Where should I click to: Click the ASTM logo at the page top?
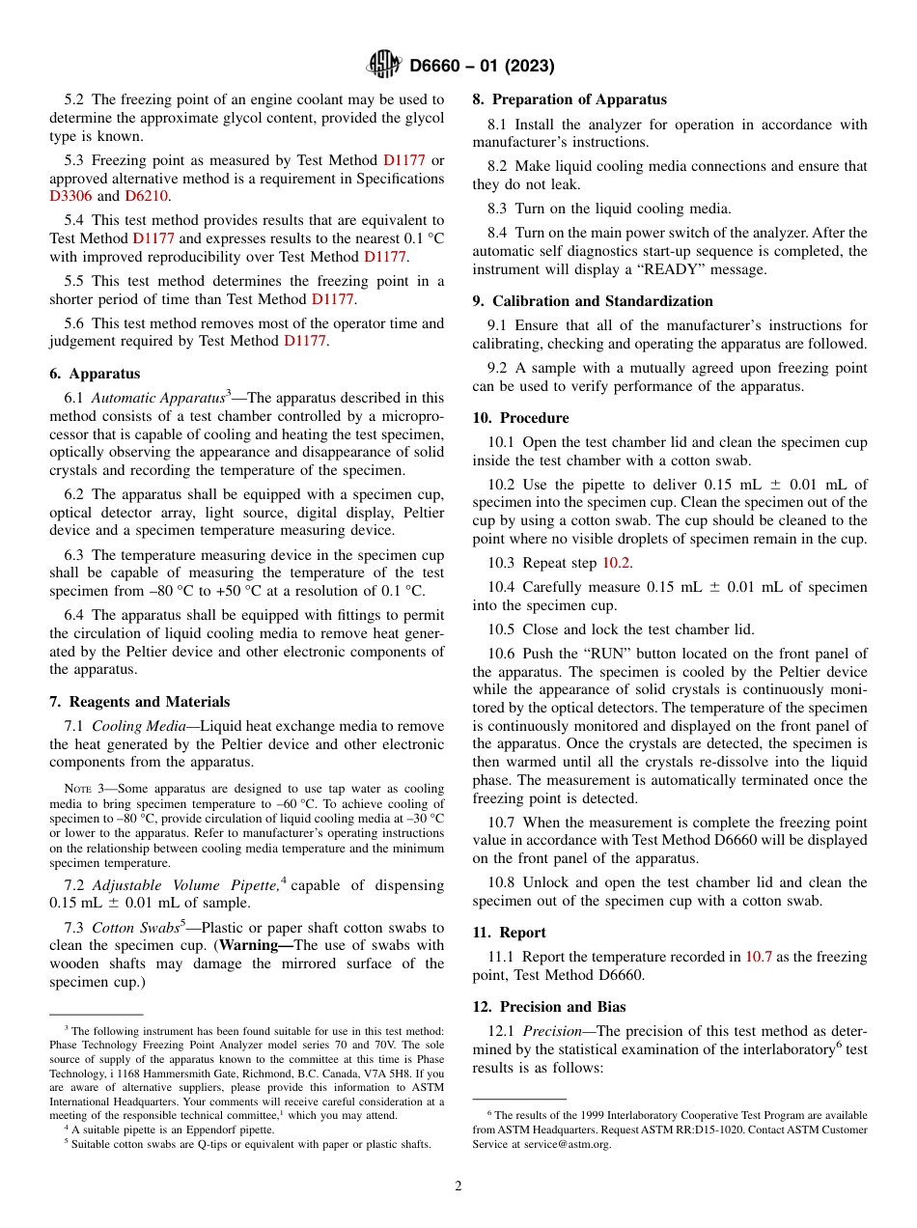[384, 66]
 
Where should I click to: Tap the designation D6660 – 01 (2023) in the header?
[482, 67]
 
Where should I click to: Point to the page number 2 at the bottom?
[458, 1186]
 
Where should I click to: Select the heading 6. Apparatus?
[95, 374]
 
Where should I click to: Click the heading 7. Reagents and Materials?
[140, 702]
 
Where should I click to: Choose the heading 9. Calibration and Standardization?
[593, 301]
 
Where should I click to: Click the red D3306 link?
[70, 196]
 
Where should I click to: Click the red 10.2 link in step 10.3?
[618, 563]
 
